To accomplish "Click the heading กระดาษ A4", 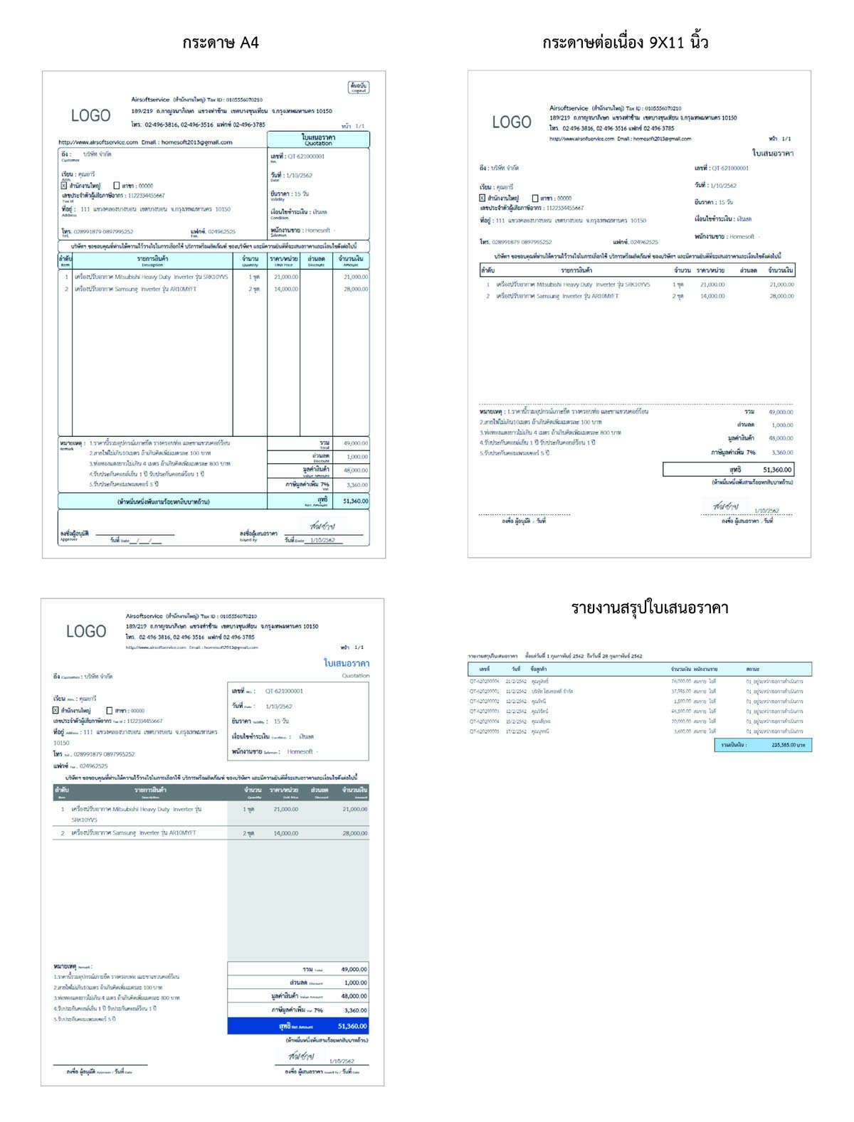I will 220,43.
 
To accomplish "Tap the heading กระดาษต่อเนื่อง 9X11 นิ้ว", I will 625,43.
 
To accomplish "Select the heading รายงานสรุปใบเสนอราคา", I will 649,608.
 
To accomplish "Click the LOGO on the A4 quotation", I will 90,115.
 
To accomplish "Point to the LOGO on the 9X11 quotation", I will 512,122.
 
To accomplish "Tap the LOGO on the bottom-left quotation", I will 86,632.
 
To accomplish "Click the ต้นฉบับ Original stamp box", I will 358,88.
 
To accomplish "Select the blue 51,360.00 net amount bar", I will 298,1026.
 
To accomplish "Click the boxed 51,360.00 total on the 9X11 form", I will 728,470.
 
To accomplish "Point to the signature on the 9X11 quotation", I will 726,507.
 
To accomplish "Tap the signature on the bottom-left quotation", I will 302,1056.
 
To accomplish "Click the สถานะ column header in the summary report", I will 753,670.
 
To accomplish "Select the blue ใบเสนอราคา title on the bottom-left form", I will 347,663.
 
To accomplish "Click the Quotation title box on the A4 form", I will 318,139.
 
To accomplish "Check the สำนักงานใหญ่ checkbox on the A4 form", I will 64,186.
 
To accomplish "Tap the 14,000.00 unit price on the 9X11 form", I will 712,296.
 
